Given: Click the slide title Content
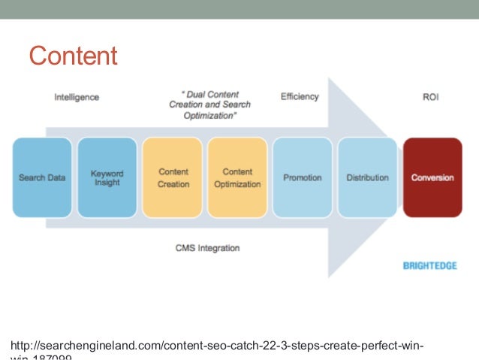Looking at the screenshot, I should pos(73,56).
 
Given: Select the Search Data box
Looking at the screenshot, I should pos(42,178).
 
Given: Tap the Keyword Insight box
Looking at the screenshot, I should pos(107,178).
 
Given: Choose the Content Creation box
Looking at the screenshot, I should pos(173,178).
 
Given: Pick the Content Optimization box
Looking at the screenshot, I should pos(238,178).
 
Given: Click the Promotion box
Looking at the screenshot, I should pos(302,178).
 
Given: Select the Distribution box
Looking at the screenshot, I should pos(367,178).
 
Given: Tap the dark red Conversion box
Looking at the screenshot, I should pos(432,178).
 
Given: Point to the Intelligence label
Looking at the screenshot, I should pos(77,97).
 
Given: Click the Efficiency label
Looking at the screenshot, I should pos(300,97).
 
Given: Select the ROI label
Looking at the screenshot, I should pos(432,97).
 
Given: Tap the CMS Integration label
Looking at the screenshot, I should pos(208,247).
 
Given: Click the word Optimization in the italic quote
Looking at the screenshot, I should pos(207,116).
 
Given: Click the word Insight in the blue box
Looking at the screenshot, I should pos(107,183).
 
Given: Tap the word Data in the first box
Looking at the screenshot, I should pos(55,178).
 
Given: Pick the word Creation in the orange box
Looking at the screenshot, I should pos(173,184).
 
